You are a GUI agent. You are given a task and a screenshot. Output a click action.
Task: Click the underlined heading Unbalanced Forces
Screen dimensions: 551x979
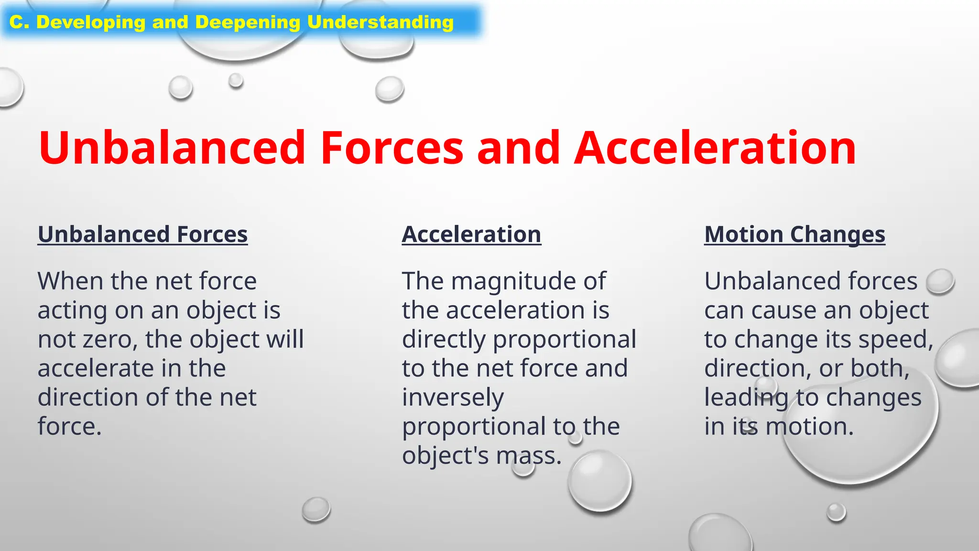click(x=142, y=235)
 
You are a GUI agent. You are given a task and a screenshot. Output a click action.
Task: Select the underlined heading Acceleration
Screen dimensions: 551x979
click(x=471, y=235)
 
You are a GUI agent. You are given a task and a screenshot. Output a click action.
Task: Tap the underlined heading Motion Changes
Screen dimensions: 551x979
click(x=794, y=235)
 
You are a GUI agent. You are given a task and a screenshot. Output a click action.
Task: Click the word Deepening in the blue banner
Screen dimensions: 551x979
click(x=247, y=22)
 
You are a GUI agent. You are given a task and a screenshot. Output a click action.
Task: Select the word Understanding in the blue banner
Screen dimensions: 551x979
click(x=380, y=22)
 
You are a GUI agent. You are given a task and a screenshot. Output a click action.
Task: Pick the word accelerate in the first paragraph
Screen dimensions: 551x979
click(x=95, y=369)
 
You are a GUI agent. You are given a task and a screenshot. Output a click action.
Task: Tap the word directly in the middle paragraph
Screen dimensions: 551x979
click(x=444, y=340)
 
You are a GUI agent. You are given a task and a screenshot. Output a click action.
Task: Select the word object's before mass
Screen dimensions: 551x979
click(x=446, y=456)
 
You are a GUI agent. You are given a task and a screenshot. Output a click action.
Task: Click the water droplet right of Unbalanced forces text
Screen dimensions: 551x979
click(x=940, y=281)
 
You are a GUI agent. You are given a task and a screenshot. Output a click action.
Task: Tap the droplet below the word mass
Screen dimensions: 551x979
click(x=599, y=481)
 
